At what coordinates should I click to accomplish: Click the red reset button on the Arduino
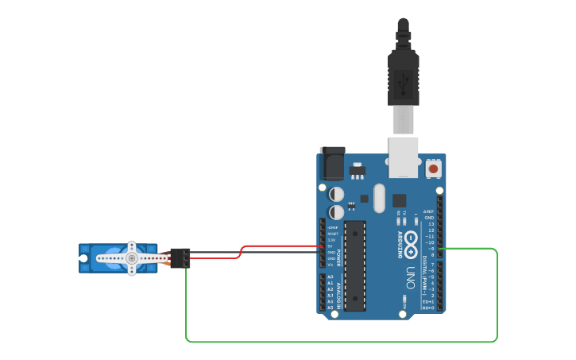tap(433, 168)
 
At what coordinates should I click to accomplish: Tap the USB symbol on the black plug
tap(403, 79)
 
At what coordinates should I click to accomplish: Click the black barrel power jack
tap(331, 163)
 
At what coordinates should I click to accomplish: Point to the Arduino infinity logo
tap(411, 239)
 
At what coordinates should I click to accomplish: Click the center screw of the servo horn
tap(131, 258)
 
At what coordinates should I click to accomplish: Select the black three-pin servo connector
tap(180, 258)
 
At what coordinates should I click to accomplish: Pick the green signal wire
tap(342, 342)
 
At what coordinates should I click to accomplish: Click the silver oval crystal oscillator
tap(378, 198)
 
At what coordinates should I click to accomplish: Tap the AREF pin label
tap(429, 211)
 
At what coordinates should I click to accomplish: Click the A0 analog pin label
tap(330, 277)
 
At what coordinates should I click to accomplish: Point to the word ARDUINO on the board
tap(398, 243)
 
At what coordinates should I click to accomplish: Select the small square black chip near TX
tap(399, 200)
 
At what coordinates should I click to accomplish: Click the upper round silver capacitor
tap(337, 194)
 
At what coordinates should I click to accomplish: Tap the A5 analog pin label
tap(330, 308)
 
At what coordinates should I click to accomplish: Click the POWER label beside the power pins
tap(338, 257)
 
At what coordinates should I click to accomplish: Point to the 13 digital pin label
tap(431, 224)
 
